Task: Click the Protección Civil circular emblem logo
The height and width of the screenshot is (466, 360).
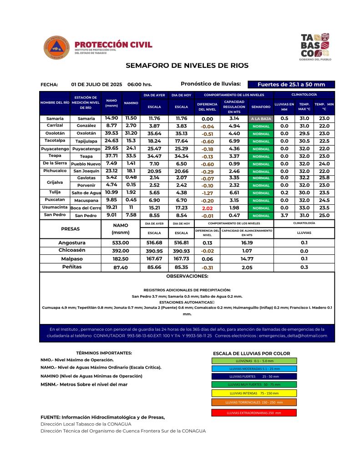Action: point(56,47)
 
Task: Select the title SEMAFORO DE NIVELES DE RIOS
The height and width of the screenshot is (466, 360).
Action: point(187,66)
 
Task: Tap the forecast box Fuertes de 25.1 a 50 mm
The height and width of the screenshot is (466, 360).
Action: point(291,84)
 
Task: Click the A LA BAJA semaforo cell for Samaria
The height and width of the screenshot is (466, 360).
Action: point(261,118)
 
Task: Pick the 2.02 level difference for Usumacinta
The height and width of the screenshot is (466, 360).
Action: point(207,208)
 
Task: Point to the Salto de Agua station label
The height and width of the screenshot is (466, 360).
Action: point(86,193)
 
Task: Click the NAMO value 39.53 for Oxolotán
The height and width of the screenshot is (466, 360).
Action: point(112,133)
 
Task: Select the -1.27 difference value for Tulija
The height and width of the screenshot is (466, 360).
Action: point(207,193)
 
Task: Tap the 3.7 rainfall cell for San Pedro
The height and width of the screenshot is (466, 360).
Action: point(284,215)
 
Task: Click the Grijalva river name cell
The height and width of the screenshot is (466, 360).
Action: point(55,182)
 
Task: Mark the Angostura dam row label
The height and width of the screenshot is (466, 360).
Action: point(72,243)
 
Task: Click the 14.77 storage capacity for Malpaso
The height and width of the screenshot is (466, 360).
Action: point(247,258)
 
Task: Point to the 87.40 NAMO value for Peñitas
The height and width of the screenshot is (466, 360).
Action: point(121,268)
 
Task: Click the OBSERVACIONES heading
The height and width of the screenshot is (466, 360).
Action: point(187,276)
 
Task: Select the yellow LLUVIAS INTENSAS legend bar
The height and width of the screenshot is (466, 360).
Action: point(254,393)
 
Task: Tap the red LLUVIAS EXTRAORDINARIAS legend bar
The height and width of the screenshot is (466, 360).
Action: point(254,413)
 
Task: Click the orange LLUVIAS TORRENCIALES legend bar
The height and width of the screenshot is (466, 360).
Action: point(254,403)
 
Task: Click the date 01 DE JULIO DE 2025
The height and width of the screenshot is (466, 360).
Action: point(96,85)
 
